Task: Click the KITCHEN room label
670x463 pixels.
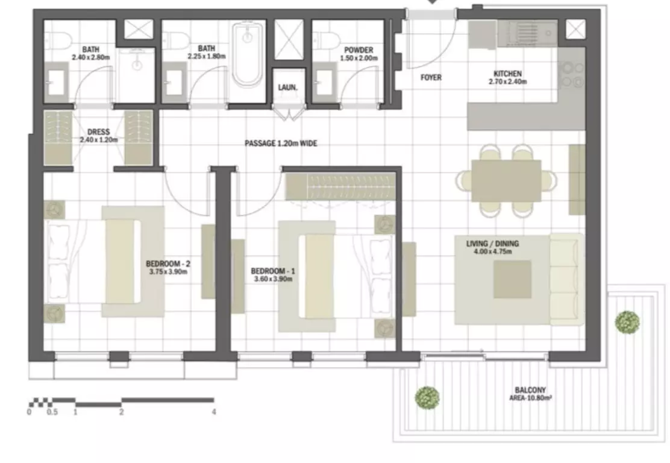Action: [508, 74]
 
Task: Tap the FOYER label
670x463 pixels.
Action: [431, 77]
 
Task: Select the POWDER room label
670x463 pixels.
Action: [358, 50]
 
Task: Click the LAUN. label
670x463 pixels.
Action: [287, 87]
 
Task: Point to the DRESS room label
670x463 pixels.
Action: [99, 132]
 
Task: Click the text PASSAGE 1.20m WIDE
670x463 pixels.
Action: [281, 143]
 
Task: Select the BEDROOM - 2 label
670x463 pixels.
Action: [168, 264]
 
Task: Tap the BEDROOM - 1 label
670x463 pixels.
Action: [272, 271]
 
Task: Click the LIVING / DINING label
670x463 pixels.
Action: [492, 244]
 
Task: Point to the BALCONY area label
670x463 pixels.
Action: [530, 390]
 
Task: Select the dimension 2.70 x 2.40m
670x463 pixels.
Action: [508, 81]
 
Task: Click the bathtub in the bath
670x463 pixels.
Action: [248, 54]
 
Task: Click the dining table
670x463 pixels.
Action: [506, 180]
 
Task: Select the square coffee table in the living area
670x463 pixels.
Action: [512, 279]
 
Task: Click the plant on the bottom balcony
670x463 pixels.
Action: [427, 398]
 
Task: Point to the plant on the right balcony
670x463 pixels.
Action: [627, 322]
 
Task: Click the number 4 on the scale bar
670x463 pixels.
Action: [214, 412]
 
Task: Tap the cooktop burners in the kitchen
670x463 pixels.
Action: [572, 74]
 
